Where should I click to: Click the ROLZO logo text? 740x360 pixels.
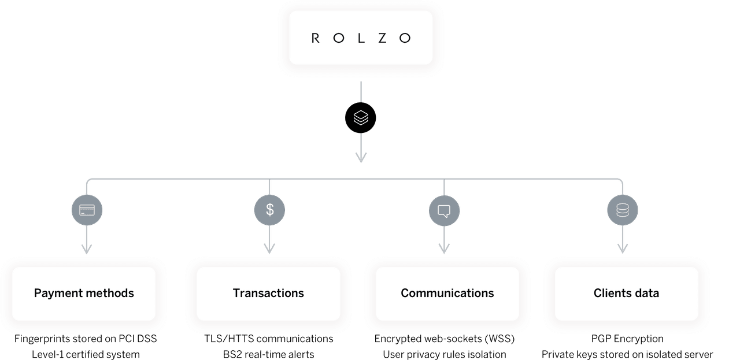click(x=361, y=38)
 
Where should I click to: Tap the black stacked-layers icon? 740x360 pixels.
click(x=361, y=118)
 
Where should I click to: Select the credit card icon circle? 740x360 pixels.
click(x=87, y=209)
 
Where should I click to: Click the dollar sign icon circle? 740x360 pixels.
click(x=269, y=209)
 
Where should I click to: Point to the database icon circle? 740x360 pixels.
click(x=623, y=209)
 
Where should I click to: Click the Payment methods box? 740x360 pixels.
click(x=84, y=293)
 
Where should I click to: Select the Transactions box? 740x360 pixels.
click(x=268, y=293)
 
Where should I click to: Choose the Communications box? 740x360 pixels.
click(x=447, y=293)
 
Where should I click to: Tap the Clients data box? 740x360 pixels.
click(x=626, y=293)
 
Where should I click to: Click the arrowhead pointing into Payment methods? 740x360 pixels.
click(x=87, y=248)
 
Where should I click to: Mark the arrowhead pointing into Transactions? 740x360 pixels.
click(x=269, y=248)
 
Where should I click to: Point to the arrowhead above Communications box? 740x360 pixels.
click(x=444, y=248)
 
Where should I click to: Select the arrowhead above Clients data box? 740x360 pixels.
click(x=623, y=248)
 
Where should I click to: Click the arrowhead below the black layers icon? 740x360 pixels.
click(x=361, y=158)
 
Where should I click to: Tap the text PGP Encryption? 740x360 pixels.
click(x=626, y=339)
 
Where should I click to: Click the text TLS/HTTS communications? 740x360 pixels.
click(x=268, y=339)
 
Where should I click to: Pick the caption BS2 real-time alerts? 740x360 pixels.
click(x=268, y=354)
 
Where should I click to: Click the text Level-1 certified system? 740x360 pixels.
click(x=85, y=354)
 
